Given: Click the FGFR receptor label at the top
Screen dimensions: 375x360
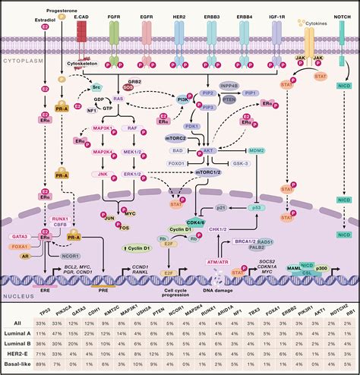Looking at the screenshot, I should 115,13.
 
